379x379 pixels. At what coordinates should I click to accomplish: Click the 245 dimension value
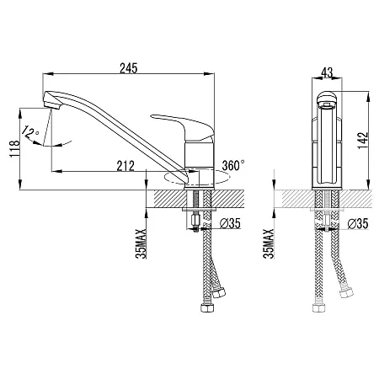[129, 68]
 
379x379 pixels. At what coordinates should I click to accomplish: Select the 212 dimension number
[125, 166]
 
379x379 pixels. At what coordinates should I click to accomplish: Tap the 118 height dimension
[14, 149]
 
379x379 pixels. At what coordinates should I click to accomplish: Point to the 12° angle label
[29, 132]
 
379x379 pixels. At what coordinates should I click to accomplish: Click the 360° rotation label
[233, 165]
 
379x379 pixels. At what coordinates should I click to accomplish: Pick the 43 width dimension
[327, 72]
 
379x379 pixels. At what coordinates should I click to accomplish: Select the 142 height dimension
[363, 141]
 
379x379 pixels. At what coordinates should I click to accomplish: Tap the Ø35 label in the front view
[358, 224]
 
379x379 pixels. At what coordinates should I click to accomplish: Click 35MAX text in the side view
[141, 243]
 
